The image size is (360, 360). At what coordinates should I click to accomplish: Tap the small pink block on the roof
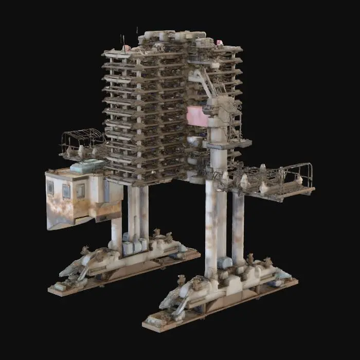tap(220, 43)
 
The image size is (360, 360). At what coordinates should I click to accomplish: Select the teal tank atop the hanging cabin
tap(88, 166)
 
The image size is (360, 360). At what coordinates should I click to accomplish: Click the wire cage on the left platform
tap(82, 138)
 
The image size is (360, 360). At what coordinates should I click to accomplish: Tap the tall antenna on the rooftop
tap(122, 41)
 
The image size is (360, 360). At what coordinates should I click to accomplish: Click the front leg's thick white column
tap(211, 226)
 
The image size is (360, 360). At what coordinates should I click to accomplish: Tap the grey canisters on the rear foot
tap(133, 246)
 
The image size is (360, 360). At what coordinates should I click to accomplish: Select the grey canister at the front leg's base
tap(225, 263)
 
